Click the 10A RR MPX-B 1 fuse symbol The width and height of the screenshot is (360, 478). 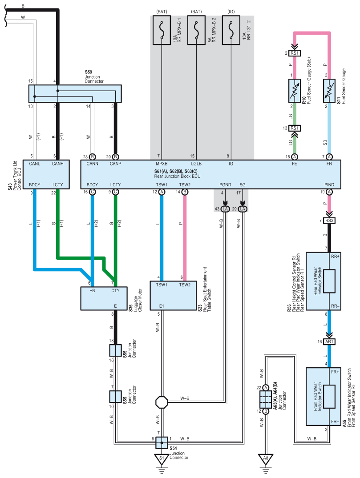point(162,30)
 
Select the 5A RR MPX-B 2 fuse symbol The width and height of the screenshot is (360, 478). point(196,30)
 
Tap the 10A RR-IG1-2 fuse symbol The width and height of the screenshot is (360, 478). point(231,30)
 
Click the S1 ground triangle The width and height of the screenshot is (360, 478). point(162,459)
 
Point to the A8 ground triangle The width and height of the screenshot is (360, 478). point(266,459)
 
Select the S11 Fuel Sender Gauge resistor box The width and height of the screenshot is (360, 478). point(329,91)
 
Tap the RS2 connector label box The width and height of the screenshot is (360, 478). point(329,221)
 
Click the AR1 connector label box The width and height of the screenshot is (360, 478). point(329,342)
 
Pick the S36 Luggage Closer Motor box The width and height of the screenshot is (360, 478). point(104,298)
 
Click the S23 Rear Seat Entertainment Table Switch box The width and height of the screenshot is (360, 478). point(173,296)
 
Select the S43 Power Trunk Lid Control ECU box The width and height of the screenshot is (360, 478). point(46,174)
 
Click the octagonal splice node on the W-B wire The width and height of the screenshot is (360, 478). point(162,402)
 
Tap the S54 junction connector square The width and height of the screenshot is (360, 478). point(162,442)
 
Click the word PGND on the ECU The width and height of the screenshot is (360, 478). point(225,185)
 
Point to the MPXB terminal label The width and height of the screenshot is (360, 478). point(162,164)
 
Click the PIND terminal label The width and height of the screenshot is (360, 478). point(329,185)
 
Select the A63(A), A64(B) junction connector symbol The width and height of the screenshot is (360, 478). point(266,399)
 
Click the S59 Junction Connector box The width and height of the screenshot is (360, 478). point(75,93)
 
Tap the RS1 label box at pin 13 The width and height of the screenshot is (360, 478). point(295,128)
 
